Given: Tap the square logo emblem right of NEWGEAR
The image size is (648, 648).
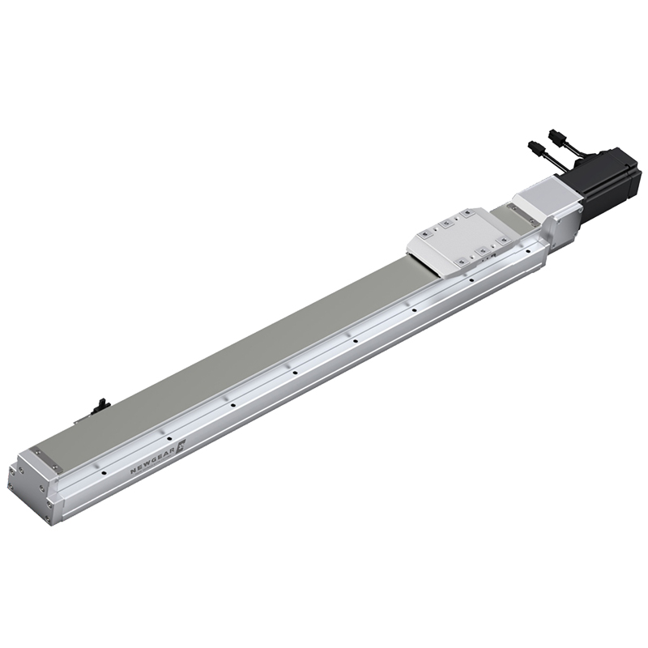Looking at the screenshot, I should click(181, 445).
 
